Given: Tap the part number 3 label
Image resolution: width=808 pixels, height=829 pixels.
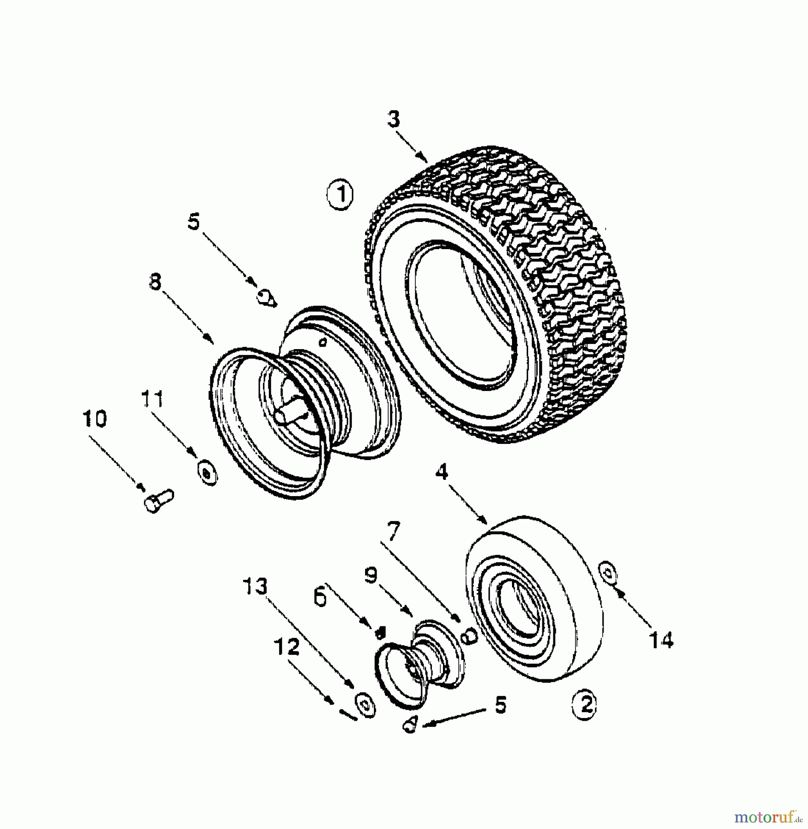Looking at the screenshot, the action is coord(394,119).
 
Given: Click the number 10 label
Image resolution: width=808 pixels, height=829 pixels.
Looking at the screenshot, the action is coord(95,418).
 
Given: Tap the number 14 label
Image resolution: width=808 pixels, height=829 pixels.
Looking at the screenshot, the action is coord(661,639).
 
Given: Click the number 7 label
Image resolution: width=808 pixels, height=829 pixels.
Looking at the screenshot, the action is coord(393,532).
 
